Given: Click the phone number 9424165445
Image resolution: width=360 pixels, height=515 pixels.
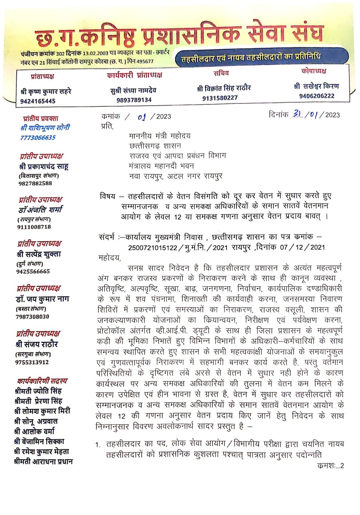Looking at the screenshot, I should pyautogui.click(x=38, y=101).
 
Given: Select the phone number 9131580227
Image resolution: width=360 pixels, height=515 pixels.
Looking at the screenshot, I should pyautogui.click(x=220, y=98).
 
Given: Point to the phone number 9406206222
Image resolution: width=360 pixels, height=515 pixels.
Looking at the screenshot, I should pyautogui.click(x=317, y=96).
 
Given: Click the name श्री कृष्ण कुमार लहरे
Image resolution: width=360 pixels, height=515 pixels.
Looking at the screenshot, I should pyautogui.click(x=46, y=91).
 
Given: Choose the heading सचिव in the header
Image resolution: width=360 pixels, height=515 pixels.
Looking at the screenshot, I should pyautogui.click(x=221, y=73).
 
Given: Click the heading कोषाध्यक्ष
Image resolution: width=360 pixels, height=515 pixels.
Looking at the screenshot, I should pyautogui.click(x=314, y=71).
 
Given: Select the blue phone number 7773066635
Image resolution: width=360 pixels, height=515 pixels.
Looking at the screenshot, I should pyautogui.click(x=38, y=138).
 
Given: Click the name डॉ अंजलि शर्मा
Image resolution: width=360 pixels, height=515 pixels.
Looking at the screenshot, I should pyautogui.click(x=40, y=210).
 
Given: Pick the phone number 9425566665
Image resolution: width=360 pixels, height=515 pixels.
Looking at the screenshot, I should pyautogui.click(x=33, y=271).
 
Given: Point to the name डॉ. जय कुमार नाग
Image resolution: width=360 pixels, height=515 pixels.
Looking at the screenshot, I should pyautogui.click(x=42, y=299).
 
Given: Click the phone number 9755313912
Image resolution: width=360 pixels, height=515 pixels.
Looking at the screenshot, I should pyautogui.click(x=32, y=362).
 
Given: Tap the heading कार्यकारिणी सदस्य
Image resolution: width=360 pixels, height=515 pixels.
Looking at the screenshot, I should pyautogui.click(x=42, y=381).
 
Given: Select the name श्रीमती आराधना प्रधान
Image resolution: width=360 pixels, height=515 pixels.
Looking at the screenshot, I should pyautogui.click(x=43, y=461).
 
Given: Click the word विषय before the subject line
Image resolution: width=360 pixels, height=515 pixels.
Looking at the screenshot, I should pyautogui.click(x=107, y=196).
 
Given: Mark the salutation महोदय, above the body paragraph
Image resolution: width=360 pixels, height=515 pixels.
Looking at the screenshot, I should pyautogui.click(x=109, y=258).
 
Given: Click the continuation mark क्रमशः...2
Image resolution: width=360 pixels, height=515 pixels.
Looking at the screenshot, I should pyautogui.click(x=330, y=466).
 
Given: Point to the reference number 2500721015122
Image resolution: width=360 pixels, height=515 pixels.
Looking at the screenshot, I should pyautogui.click(x=153, y=247).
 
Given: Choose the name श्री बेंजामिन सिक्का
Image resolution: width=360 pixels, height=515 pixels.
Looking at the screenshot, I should pyautogui.click(x=39, y=441).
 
